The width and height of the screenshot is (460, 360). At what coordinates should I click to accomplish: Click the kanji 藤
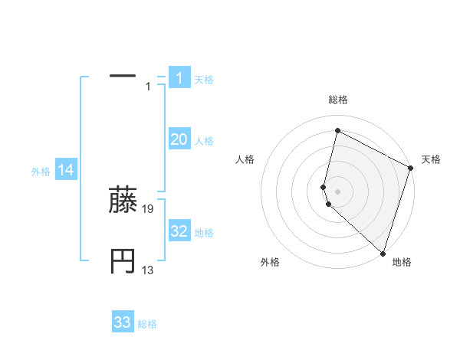[123, 201]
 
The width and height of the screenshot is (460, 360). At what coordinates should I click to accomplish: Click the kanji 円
[123, 262]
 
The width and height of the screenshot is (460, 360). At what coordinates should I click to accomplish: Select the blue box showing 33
[123, 322]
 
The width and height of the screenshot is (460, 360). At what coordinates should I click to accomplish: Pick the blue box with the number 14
[66, 171]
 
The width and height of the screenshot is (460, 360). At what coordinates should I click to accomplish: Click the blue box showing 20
[179, 139]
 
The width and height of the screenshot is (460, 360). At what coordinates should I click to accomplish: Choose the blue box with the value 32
[179, 232]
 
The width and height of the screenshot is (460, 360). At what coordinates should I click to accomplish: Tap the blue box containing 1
[179, 78]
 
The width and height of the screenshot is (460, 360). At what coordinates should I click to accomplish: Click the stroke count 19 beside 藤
[149, 208]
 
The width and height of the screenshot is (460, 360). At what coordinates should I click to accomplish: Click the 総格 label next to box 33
[147, 324]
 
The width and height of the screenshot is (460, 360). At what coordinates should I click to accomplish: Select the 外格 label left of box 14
[41, 172]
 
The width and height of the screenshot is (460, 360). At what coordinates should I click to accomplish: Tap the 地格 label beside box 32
[205, 233]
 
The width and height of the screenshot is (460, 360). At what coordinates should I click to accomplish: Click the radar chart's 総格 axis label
[337, 100]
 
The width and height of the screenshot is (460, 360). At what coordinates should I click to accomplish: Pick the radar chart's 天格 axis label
[431, 159]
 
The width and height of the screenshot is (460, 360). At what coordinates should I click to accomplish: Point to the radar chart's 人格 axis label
[245, 159]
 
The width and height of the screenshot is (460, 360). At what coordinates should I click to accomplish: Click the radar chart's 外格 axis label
[270, 262]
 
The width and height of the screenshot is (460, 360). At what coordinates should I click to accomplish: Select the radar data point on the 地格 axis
[382, 253]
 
